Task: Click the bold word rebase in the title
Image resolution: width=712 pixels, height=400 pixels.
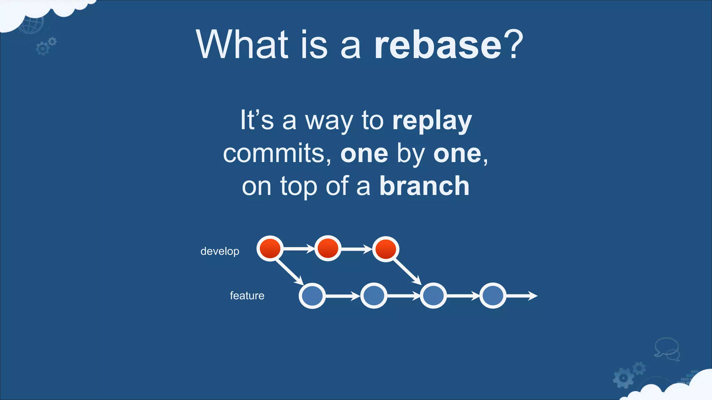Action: pyautogui.click(x=437, y=45)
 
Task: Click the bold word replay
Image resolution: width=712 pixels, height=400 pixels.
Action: pyautogui.click(x=432, y=121)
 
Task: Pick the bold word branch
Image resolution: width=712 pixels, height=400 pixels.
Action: pyautogui.click(x=424, y=186)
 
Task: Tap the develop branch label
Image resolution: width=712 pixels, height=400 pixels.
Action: pyautogui.click(x=220, y=251)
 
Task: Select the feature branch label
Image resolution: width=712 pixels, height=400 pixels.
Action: pyautogui.click(x=247, y=295)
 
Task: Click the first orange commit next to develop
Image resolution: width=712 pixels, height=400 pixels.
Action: pyautogui.click(x=270, y=249)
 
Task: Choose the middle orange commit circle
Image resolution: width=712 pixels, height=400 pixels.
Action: pyautogui.click(x=328, y=249)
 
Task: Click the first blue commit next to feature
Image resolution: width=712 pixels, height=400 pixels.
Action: pyautogui.click(x=312, y=296)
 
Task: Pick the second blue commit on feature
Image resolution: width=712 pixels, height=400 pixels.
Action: pyautogui.click(x=373, y=296)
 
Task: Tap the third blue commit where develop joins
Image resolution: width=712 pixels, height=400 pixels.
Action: pyautogui.click(x=433, y=296)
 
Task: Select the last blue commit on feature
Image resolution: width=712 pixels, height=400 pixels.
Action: pyautogui.click(x=493, y=296)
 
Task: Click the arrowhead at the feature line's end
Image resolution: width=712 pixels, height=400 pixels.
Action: pyautogui.click(x=533, y=296)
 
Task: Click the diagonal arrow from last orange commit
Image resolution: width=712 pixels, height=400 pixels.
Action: pyautogui.click(x=407, y=271)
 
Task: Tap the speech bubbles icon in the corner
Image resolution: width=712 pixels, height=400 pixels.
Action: pyautogui.click(x=667, y=349)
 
